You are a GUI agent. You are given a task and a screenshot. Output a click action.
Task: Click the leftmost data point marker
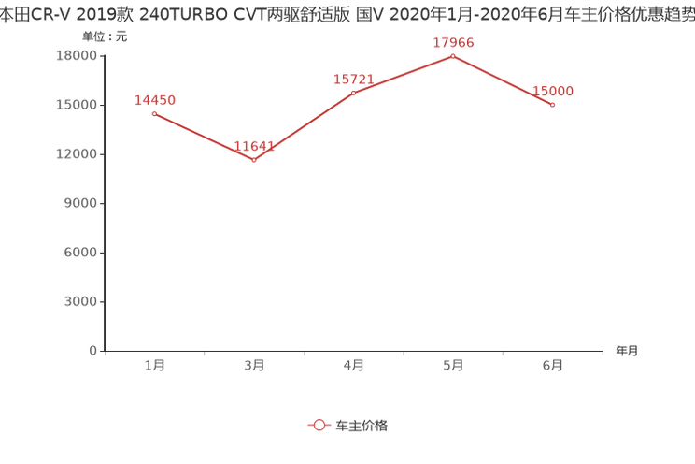pyautogui.click(x=154, y=113)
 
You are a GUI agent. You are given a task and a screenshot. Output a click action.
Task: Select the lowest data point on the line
pyautogui.click(x=254, y=161)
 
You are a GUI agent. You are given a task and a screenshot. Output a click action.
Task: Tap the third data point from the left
pyautogui.click(x=353, y=93)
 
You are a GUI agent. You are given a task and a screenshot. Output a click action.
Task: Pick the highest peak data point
pyautogui.click(x=453, y=56)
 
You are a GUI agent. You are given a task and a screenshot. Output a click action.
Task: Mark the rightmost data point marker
pyautogui.click(x=553, y=105)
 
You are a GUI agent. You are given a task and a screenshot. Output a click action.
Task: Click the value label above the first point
pyautogui.click(x=155, y=98)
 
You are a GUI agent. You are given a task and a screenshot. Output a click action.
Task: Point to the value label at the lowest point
pyautogui.click(x=254, y=145)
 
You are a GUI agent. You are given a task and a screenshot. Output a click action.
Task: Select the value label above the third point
pyautogui.click(x=353, y=79)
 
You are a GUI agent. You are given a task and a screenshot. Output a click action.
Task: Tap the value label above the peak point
pyautogui.click(x=454, y=42)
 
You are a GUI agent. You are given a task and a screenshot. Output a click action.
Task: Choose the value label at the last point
pyautogui.click(x=553, y=91)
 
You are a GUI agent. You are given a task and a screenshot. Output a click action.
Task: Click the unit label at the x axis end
pyautogui.click(x=627, y=351)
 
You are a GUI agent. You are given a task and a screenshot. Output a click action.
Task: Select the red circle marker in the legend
pyautogui.click(x=319, y=425)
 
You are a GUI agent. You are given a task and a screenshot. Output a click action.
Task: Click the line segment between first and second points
pyautogui.click(x=204, y=137)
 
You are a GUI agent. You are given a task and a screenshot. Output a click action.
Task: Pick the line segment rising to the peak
pyautogui.click(x=404, y=74)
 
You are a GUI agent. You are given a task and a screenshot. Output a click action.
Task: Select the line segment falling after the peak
pyautogui.click(x=503, y=80)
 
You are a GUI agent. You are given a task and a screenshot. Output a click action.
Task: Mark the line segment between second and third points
pyautogui.click(x=304, y=127)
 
